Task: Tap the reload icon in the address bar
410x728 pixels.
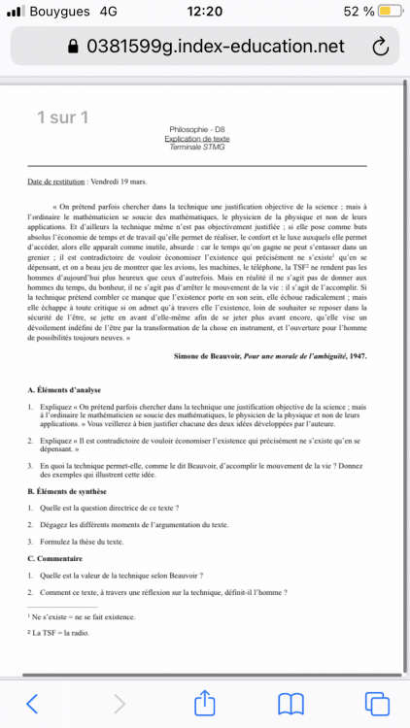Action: (x=380, y=47)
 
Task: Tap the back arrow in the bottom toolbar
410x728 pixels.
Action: (x=32, y=702)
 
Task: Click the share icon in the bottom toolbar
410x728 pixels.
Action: (x=204, y=702)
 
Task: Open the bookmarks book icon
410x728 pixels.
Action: (x=290, y=702)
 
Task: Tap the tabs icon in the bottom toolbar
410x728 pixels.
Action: (x=376, y=702)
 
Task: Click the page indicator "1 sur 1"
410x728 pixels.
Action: (x=62, y=118)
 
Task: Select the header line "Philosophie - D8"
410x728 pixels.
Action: (x=196, y=130)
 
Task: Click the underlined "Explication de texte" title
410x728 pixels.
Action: (x=196, y=138)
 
